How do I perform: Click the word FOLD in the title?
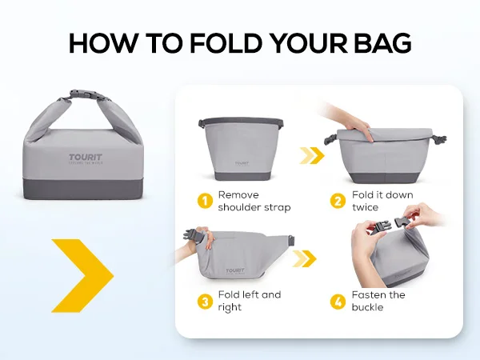pos(226,43)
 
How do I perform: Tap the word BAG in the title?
pos(382,43)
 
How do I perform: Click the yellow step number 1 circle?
pos(205,201)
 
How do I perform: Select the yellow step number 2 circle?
pos(338,201)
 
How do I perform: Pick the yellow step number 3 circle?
pos(205,302)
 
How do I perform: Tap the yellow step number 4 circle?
pos(338,302)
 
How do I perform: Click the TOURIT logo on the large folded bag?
pos(86,158)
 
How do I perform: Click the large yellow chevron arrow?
pos(82,276)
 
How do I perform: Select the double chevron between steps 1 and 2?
pos(312,155)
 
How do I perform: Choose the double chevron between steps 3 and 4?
pos(304,258)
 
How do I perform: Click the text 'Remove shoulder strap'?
pos(254,201)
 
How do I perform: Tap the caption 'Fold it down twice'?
pos(382,201)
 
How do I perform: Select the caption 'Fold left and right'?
pos(249,302)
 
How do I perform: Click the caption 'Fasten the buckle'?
pos(378,302)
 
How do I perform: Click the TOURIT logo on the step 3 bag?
pos(235,270)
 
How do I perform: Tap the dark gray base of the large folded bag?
pos(83,189)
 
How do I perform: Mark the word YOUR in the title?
pos(309,43)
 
